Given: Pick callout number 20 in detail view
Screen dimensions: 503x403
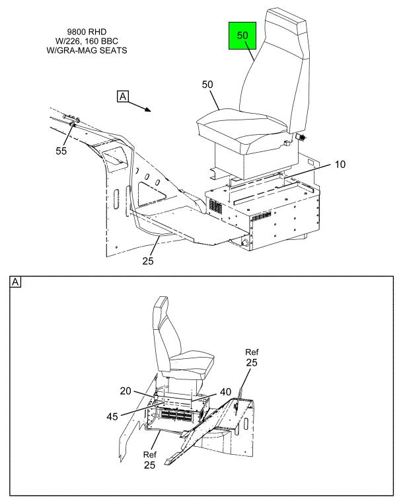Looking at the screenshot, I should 126,392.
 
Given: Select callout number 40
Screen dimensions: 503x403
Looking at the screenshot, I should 225,392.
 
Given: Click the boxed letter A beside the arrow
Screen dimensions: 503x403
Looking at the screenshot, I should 122,97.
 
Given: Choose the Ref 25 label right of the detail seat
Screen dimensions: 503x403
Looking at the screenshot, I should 251,358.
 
